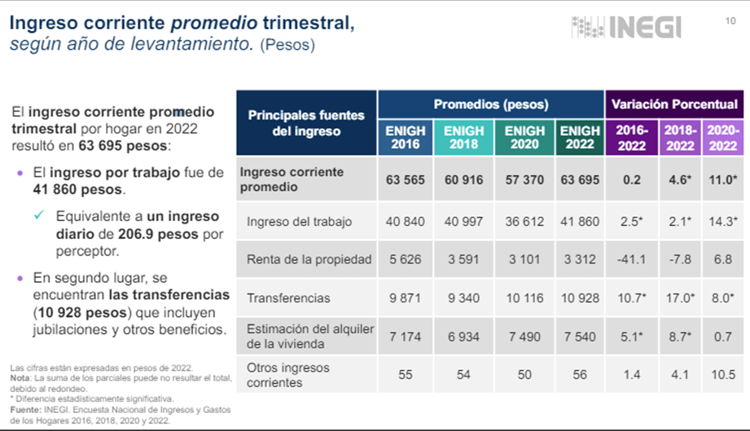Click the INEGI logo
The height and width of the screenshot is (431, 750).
(626, 27)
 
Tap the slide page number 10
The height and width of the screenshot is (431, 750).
(730, 21)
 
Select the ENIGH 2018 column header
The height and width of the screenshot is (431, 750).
(463, 137)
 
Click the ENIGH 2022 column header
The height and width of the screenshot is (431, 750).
(580, 137)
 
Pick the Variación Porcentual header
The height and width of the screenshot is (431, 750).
(674, 104)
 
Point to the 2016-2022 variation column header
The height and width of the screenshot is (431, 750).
(632, 137)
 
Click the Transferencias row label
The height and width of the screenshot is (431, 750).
(288, 298)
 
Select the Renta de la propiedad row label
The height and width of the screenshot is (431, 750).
(309, 259)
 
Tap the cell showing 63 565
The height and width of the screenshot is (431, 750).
(406, 180)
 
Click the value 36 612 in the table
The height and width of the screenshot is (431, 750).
(524, 222)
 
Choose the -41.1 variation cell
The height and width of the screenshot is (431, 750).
(631, 259)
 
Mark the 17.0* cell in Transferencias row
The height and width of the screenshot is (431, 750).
(680, 298)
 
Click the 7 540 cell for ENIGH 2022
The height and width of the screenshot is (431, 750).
(580, 337)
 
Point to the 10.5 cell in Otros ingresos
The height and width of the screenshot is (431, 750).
(723, 375)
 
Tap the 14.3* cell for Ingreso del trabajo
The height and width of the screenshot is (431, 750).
(723, 222)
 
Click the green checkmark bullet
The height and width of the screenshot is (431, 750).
(39, 215)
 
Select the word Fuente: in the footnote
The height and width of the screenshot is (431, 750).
(26, 410)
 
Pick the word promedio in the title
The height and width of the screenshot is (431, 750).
(214, 23)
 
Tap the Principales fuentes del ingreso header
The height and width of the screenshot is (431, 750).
(306, 124)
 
